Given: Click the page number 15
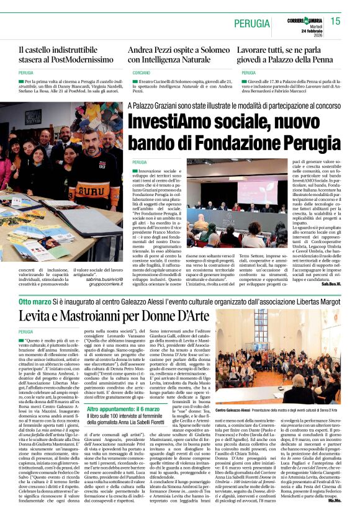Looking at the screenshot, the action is click(336, 22).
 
